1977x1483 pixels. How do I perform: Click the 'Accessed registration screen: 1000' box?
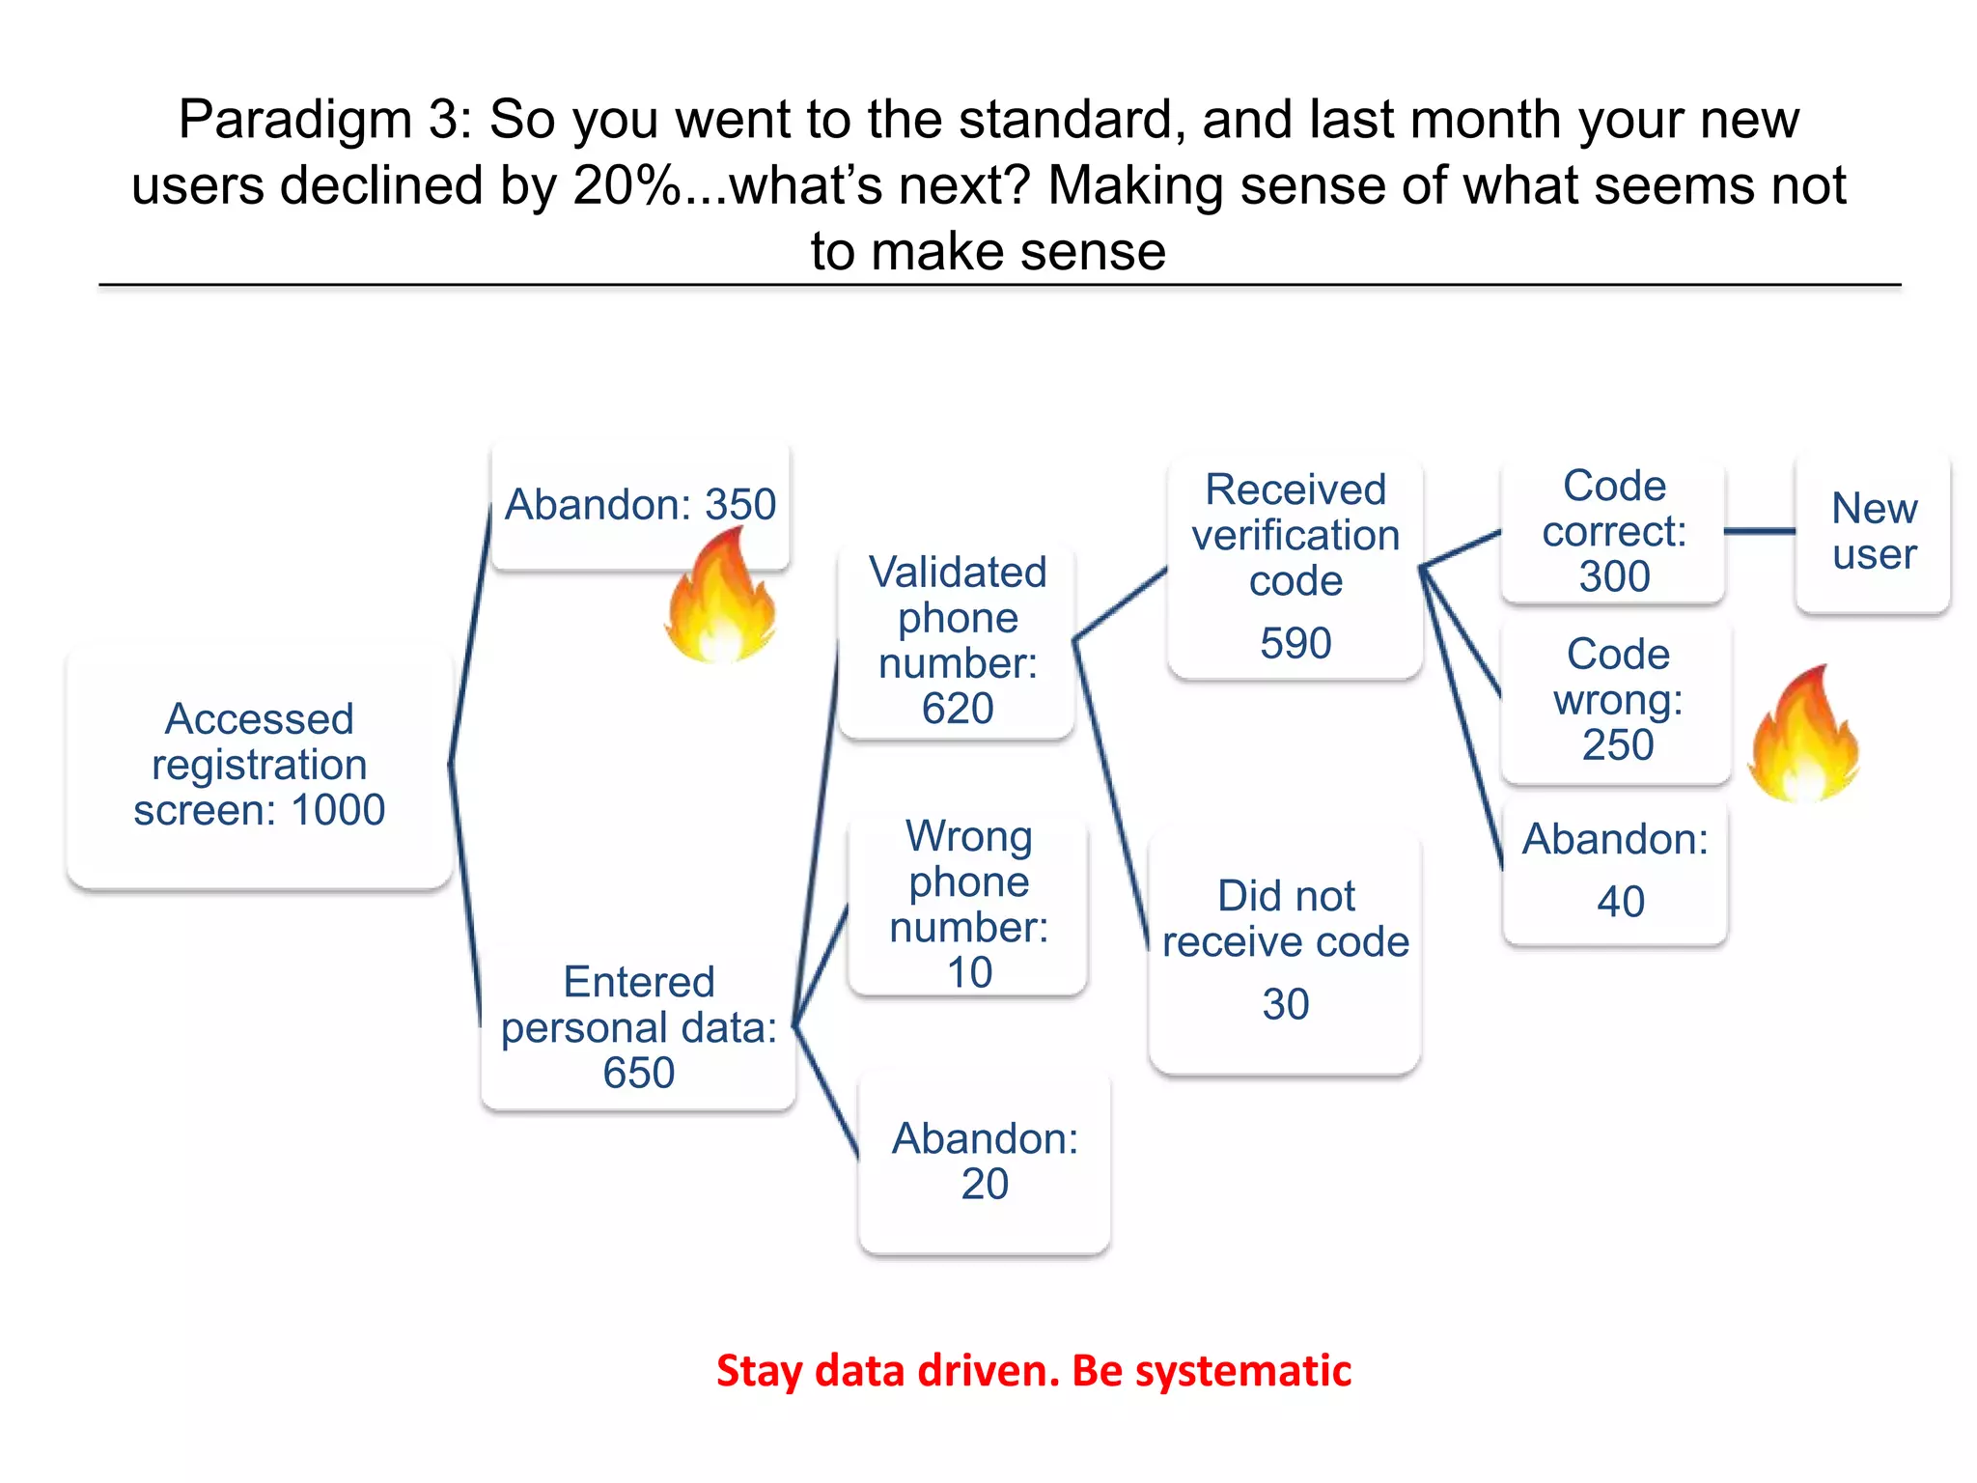point(259,765)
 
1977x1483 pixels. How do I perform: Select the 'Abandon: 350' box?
point(640,505)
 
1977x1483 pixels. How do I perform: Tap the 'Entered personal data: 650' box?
point(638,1027)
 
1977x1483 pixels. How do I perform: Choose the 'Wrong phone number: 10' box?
point(968,904)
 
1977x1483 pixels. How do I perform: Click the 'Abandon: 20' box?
point(984,1161)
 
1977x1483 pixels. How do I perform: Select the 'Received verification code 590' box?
point(1295,568)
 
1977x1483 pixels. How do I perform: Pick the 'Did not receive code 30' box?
point(1285,950)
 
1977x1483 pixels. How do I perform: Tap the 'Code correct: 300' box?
point(1613,531)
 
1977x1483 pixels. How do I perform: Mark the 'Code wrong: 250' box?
point(1617,700)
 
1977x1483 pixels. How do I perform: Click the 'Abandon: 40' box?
point(1615,870)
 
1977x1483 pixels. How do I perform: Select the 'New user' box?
point(1873,531)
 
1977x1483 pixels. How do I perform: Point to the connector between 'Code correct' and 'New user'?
point(1759,531)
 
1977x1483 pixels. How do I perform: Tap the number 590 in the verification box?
point(1295,643)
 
